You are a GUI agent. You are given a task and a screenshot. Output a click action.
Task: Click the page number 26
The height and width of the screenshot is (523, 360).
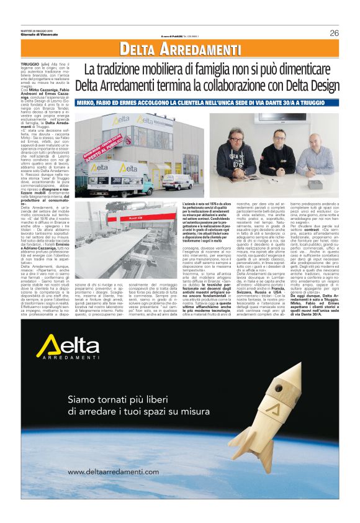334,34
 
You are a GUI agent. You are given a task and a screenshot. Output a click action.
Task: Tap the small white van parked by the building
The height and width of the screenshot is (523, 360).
178,181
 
